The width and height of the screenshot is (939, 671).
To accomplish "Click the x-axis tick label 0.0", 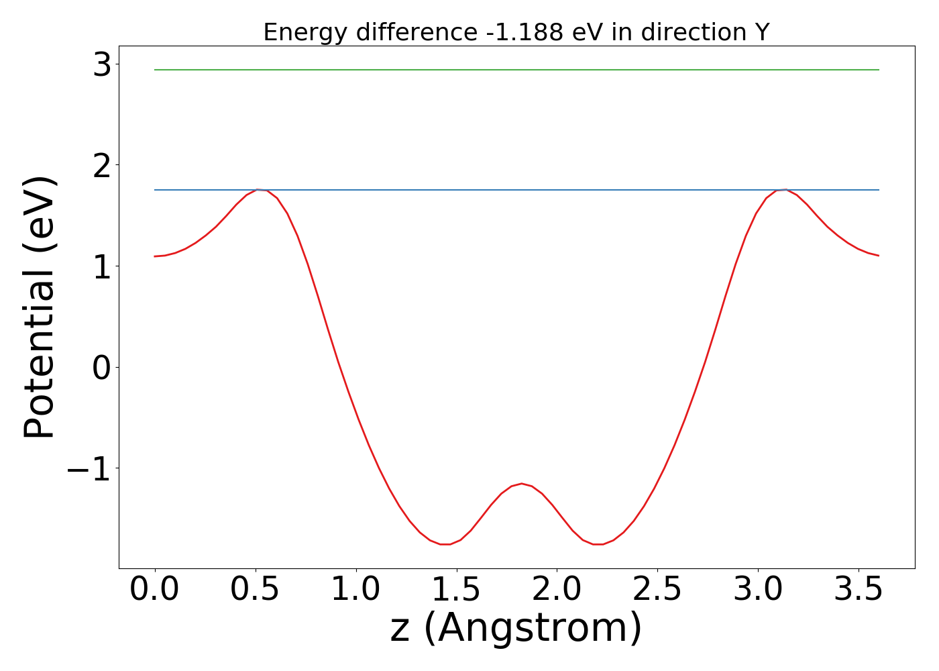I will tap(154, 590).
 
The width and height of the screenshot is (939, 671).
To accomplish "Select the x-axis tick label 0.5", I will tap(256, 590).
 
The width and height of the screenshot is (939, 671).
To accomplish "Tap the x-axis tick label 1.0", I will tap(356, 590).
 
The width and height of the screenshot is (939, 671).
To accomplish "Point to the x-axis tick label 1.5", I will tap(457, 590).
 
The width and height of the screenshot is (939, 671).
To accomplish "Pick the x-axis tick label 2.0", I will tap(557, 590).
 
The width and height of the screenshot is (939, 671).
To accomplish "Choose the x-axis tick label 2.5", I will tap(657, 590).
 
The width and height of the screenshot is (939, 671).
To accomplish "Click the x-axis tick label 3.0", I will tap(758, 590).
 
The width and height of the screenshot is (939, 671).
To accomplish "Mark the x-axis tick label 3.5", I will tap(859, 590).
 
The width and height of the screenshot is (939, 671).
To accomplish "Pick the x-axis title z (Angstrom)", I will tap(516, 629).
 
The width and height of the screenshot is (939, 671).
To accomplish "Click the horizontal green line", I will tap(516, 70).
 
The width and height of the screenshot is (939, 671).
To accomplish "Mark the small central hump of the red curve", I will tap(522, 484).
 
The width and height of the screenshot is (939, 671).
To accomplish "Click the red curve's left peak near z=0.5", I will tap(257, 190).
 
